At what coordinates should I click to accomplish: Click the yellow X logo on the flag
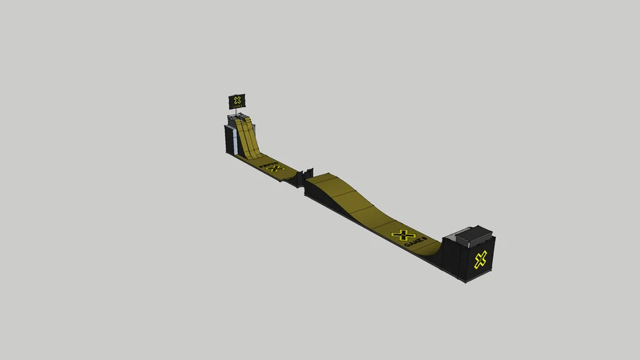click(x=238, y=101)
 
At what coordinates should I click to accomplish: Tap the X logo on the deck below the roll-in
click(x=274, y=168)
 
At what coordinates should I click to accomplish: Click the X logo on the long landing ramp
click(x=403, y=236)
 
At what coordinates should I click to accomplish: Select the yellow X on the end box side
click(x=481, y=259)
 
